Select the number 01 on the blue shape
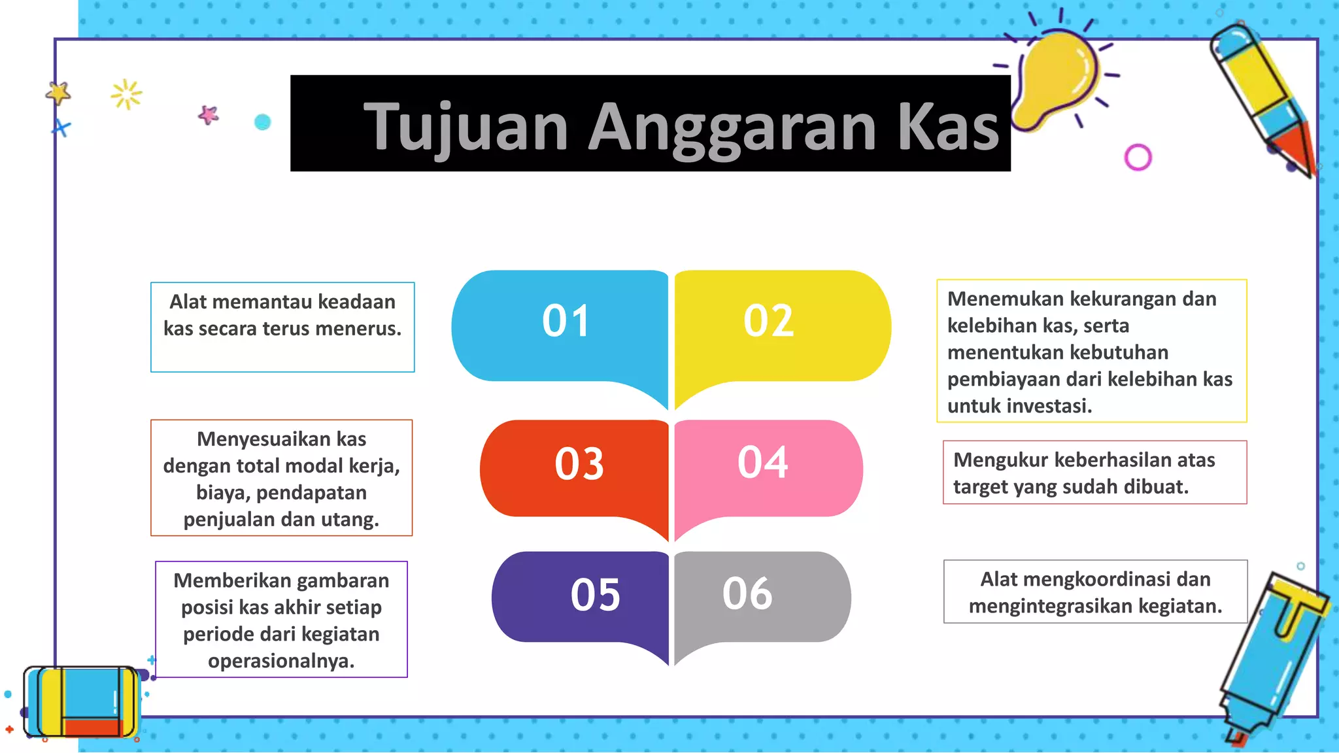(566, 321)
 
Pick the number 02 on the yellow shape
(768, 321)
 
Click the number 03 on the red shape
(579, 464)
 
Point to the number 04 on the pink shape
(762, 462)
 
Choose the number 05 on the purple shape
(595, 595)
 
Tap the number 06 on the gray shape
(747, 594)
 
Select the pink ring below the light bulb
(1138, 158)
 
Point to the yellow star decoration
(59, 93)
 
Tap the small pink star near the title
(209, 115)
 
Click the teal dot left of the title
(262, 122)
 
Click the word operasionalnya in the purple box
(280, 661)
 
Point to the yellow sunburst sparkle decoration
(126, 95)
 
